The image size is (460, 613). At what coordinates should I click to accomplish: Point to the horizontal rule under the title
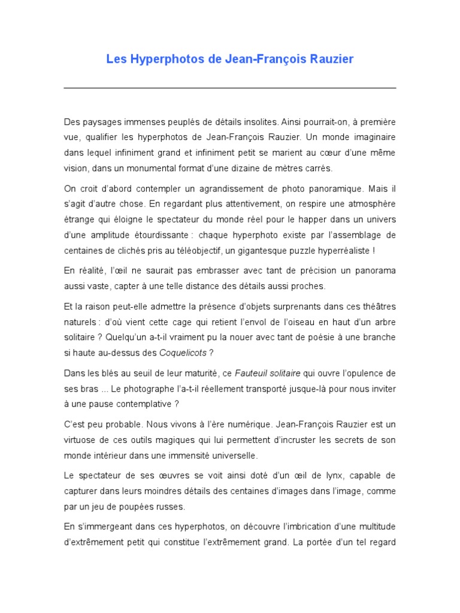coord(230,88)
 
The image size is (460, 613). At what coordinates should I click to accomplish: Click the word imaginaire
coord(371,137)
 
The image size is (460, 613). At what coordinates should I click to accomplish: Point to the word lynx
coord(327,477)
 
